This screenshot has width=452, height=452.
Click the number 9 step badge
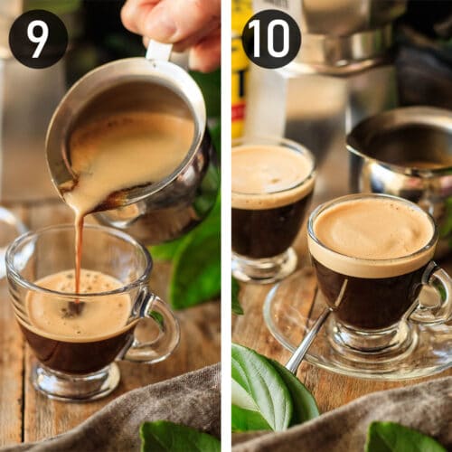click(38, 39)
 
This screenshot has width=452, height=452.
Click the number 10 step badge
click(271, 39)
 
